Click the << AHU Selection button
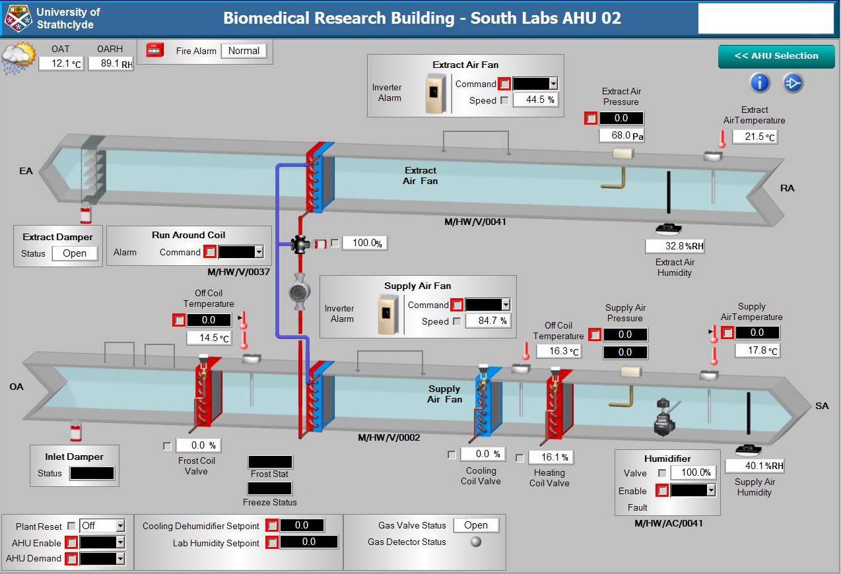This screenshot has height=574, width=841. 776,56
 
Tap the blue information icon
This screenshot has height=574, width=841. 760,82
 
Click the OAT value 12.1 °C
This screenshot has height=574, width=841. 61,63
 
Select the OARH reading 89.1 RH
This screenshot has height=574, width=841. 110,63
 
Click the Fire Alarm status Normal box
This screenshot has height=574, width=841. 244,51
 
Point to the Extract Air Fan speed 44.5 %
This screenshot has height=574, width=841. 534,100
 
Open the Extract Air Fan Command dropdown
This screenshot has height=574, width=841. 553,84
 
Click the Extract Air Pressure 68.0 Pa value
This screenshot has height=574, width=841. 621,136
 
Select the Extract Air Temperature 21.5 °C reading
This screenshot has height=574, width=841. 755,137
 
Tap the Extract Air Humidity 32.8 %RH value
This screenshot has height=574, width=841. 675,246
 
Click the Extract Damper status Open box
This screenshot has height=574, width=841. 75,253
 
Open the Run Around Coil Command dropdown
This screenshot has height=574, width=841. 259,252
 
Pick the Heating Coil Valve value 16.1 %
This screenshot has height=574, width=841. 550,457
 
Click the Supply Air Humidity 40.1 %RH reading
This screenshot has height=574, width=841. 755,466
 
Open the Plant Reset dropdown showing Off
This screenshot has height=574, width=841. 119,526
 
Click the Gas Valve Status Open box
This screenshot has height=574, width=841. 475,525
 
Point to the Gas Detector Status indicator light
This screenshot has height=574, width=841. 475,542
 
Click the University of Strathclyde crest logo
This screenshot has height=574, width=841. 18,18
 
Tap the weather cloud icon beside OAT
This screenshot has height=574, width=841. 18,58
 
